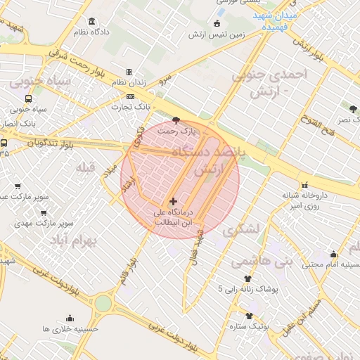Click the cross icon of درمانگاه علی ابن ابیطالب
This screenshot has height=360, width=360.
[174, 202]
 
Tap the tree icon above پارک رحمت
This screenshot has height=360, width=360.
[176, 120]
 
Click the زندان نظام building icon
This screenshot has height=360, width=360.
[129, 72]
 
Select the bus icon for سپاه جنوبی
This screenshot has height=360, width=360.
[27, 99]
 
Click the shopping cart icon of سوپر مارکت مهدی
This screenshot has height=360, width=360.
[44, 212]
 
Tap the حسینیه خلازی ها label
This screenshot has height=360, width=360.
[70, 328]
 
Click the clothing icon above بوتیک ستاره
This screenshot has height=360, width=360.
[249, 316]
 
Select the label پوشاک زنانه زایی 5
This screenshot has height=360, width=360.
[247, 289]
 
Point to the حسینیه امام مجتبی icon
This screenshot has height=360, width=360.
[333, 255]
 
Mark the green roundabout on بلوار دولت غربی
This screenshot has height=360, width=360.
[103, 303]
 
